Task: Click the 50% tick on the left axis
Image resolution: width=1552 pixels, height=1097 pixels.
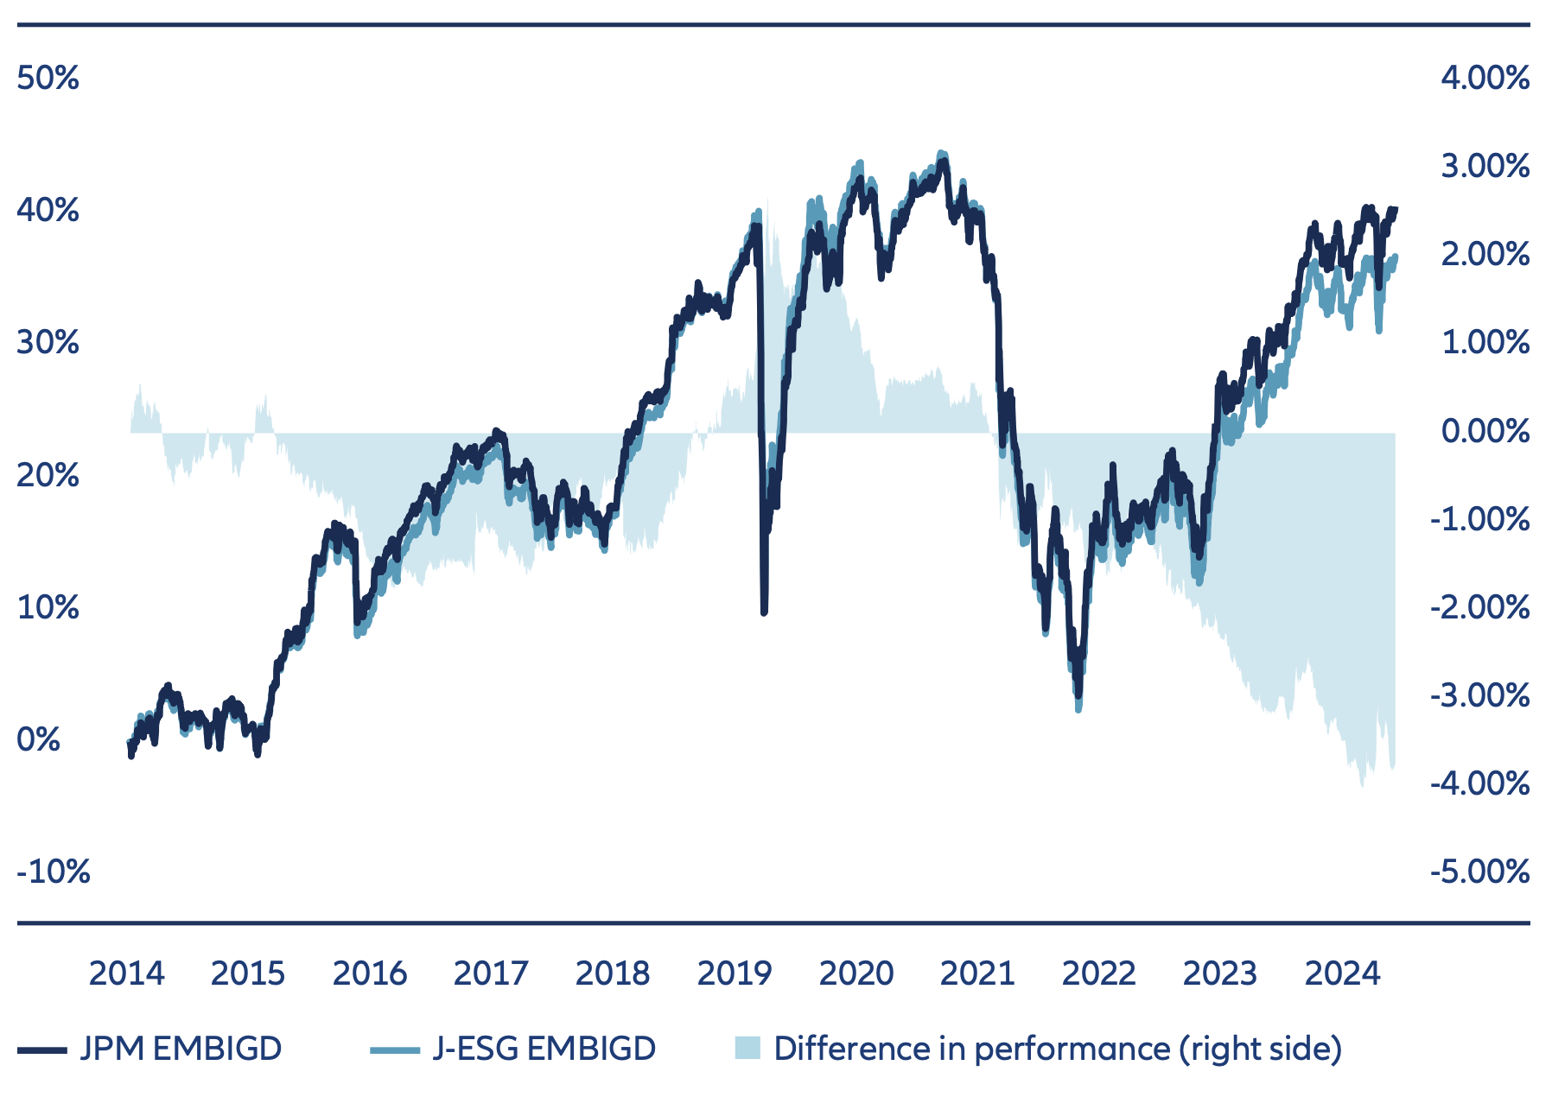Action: pyautogui.click(x=48, y=79)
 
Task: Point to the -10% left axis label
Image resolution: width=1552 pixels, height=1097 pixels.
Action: pyautogui.click(x=54, y=872)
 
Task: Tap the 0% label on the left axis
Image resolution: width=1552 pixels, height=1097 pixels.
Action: pyautogui.click(x=39, y=739)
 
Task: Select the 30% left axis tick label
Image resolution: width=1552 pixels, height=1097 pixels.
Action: pyautogui.click(x=48, y=343)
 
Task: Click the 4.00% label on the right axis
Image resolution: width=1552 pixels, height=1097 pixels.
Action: pyautogui.click(x=1485, y=79)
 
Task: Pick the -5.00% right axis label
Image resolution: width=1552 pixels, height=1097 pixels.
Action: pyautogui.click(x=1479, y=872)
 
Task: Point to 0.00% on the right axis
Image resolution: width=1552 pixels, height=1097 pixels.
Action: pyautogui.click(x=1485, y=430)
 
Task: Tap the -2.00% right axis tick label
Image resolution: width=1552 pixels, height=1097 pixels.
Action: pyautogui.click(x=1479, y=607)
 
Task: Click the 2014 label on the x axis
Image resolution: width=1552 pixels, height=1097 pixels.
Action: pyautogui.click(x=126, y=973)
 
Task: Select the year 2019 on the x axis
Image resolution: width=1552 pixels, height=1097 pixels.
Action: pyautogui.click(x=735, y=973)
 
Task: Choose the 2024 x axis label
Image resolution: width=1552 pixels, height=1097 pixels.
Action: pyautogui.click(x=1342, y=973)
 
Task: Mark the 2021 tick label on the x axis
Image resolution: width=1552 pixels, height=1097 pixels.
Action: pyautogui.click(x=977, y=973)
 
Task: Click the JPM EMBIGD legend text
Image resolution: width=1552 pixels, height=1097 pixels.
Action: pyautogui.click(x=181, y=1049)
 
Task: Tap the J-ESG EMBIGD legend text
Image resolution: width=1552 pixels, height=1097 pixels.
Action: pyautogui.click(x=544, y=1049)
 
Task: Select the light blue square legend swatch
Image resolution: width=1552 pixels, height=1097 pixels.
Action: pyautogui.click(x=747, y=1049)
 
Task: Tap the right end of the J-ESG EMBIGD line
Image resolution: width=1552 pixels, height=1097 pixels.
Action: pyautogui.click(x=1395, y=257)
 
